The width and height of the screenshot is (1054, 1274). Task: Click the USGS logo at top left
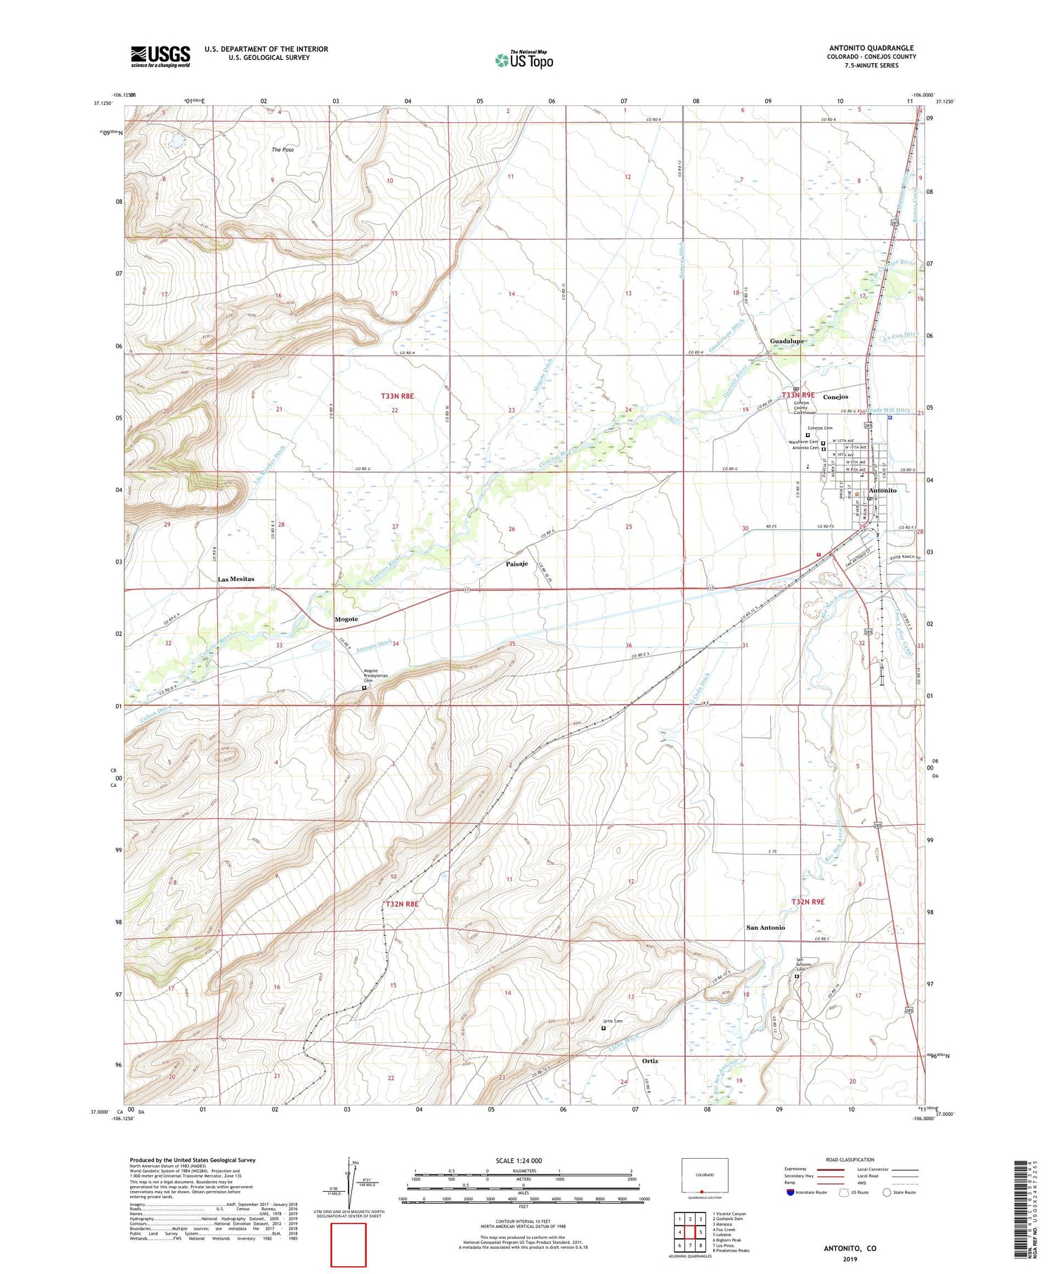(160, 56)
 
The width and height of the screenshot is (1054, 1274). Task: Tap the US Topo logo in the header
(523, 60)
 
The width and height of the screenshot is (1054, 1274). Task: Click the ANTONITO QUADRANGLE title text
(871, 48)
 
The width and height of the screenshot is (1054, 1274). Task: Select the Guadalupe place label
(787, 341)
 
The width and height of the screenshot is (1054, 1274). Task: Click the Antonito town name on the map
(883, 490)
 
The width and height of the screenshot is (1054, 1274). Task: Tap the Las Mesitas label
(236, 579)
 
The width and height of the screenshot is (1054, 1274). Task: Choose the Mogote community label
(346, 619)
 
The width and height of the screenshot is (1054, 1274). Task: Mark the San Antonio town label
(765, 928)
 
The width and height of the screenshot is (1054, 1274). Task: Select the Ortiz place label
(650, 1060)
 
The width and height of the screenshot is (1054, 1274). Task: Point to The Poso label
(282, 150)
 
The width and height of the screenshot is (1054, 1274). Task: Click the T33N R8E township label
(398, 396)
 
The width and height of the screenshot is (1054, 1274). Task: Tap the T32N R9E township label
(807, 902)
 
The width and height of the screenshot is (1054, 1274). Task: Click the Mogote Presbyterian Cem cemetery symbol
(364, 688)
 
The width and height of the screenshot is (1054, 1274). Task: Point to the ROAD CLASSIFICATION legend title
(850, 1159)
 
